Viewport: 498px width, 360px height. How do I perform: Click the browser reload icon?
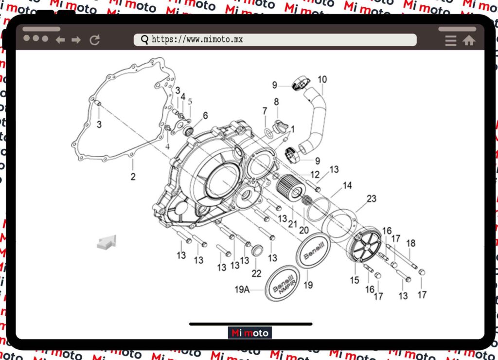[x=95, y=40]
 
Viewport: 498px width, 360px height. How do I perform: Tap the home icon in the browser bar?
[x=469, y=41]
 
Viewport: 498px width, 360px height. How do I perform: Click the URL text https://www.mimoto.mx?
[x=197, y=39]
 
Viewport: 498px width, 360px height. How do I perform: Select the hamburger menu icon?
[x=451, y=41]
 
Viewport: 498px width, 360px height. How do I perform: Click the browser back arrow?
[x=60, y=40]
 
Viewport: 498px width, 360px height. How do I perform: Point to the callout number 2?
[x=133, y=177]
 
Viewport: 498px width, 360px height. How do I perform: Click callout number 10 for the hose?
[x=322, y=79]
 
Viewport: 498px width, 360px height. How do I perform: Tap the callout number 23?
[x=372, y=198]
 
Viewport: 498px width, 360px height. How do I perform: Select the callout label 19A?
[x=242, y=290]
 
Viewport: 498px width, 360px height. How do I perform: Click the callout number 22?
[x=256, y=274]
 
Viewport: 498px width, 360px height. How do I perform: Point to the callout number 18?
[x=411, y=243]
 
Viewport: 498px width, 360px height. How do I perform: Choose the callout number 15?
[x=355, y=280]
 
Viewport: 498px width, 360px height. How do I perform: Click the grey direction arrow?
[x=107, y=242]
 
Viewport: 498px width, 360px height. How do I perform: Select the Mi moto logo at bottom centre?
[x=249, y=333]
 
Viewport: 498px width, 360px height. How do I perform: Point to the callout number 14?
[x=347, y=185]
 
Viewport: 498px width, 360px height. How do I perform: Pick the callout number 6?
[x=205, y=116]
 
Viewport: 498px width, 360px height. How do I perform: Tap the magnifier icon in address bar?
[x=144, y=40]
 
